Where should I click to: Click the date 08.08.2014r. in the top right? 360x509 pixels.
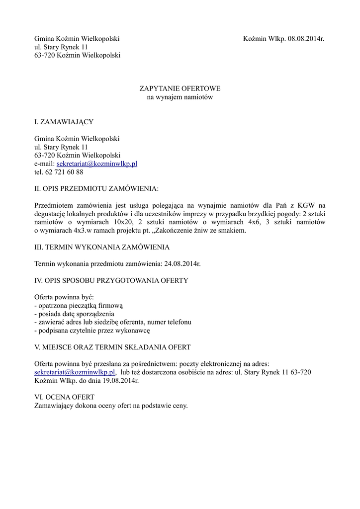306,38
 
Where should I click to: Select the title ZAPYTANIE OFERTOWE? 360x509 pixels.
180,88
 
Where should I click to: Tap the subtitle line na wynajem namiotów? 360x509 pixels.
180,97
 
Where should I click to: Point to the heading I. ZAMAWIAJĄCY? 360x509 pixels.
64,122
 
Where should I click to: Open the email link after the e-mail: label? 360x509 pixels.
97,164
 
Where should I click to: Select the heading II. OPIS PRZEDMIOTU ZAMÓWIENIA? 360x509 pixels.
96,189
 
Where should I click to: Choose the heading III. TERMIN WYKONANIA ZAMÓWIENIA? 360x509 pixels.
102,247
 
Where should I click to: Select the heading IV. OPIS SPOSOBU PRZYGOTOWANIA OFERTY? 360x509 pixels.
111,280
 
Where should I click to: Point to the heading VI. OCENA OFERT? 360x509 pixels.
64,397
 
